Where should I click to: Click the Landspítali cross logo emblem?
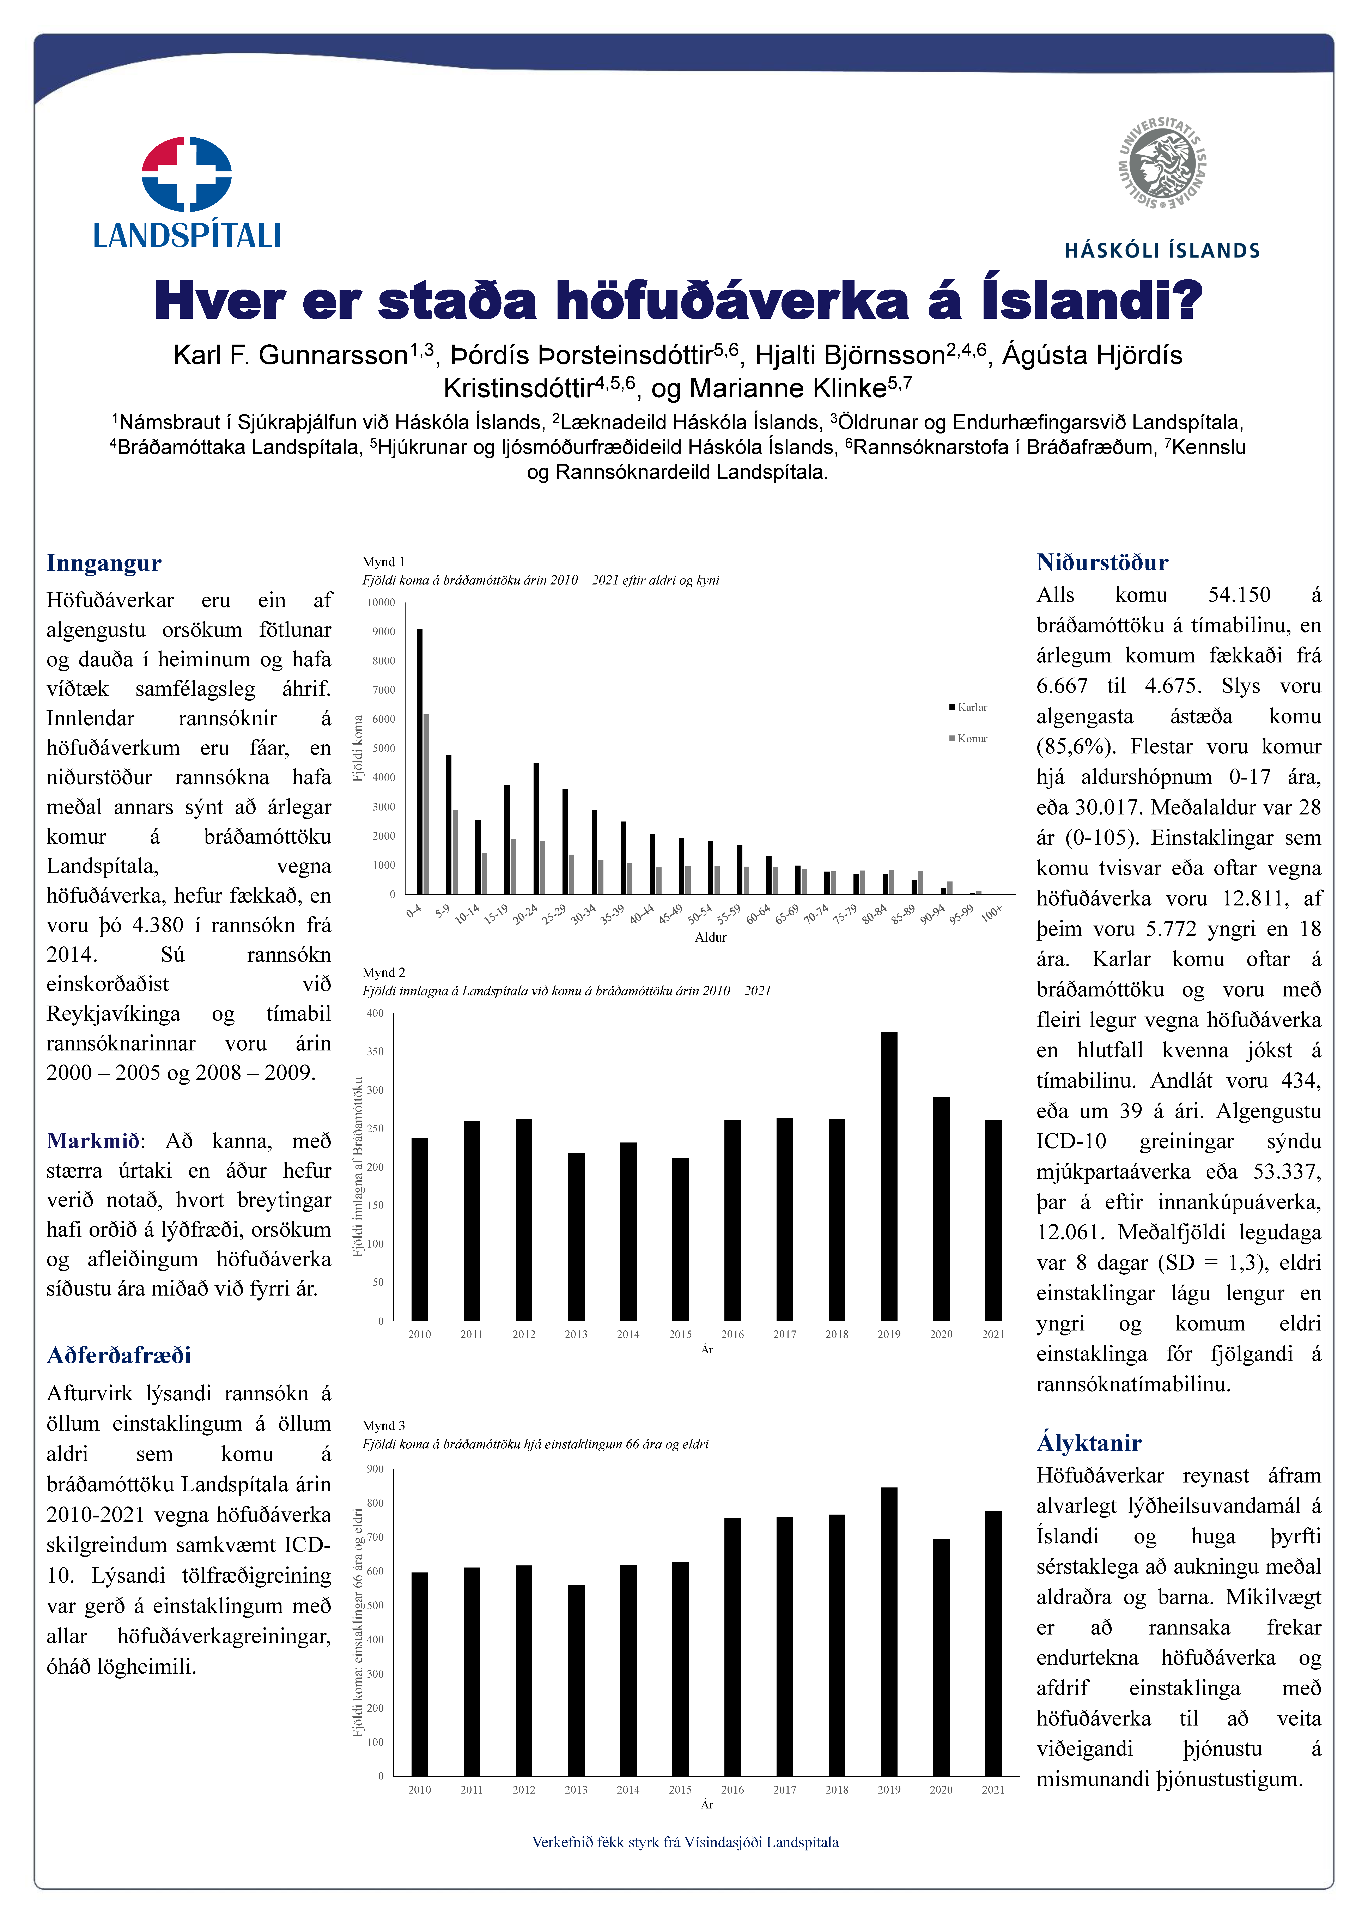point(186,174)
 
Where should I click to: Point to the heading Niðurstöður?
point(1102,563)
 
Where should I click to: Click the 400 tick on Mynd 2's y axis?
point(375,1013)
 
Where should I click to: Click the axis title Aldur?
point(710,937)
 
